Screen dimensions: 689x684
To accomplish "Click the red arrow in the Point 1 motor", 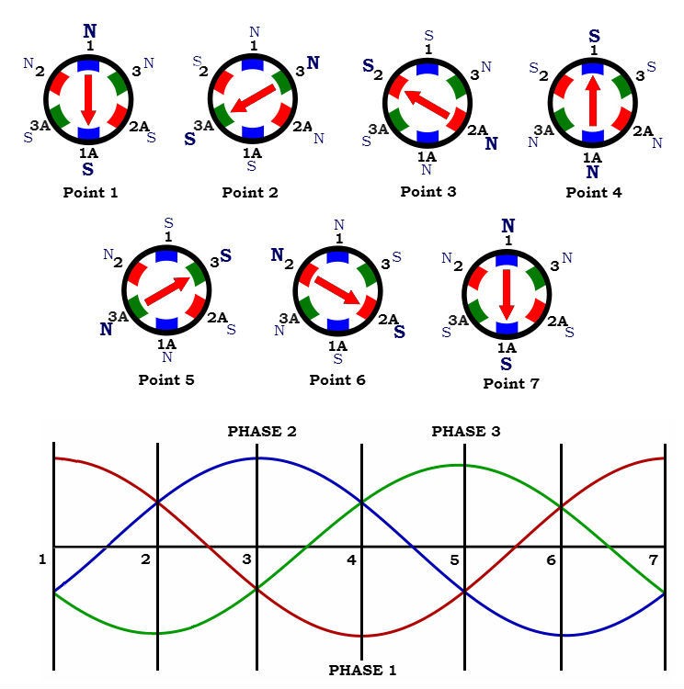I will pos(87,99).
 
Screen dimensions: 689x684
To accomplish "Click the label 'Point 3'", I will pos(428,192).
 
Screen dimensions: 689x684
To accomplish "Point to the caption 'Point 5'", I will pos(166,379).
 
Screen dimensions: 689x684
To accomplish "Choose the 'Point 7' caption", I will pos(510,383).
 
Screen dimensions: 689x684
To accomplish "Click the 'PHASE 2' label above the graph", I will pos(262,431).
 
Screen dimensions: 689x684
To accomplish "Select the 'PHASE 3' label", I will pos(466,431).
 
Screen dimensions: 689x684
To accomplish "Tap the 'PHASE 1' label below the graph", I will pos(362,671).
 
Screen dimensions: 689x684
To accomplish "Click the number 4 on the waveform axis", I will pos(351,559).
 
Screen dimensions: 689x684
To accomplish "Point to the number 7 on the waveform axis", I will pos(654,559).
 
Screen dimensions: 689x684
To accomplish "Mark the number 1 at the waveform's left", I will pos(42,559).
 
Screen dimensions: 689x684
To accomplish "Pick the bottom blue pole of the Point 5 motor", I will pos(167,324).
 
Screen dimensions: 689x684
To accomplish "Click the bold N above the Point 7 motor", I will pos(507,225).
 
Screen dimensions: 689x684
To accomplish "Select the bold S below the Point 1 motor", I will pos(87,169).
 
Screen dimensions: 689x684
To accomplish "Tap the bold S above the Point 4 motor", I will pos(594,38).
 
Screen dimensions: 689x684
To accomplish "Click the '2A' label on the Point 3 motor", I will pos(477,130).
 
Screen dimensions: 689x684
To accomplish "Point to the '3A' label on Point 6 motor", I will pos(290,318).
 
